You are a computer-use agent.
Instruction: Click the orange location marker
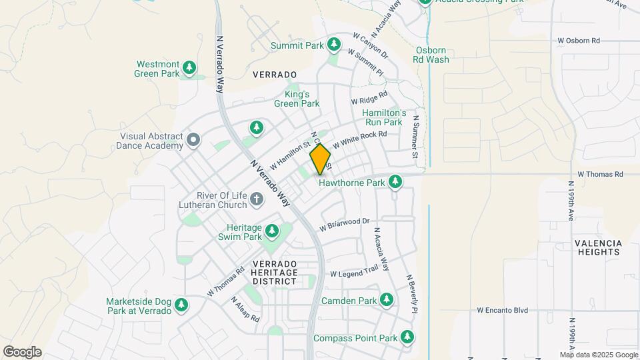[x=320, y=159]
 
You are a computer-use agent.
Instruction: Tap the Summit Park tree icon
[x=334, y=45]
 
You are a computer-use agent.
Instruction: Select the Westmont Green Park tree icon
[x=190, y=68]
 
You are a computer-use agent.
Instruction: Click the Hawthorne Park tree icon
[x=395, y=181]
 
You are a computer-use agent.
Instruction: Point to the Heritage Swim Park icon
[x=271, y=231]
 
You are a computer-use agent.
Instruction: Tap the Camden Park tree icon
[x=386, y=301]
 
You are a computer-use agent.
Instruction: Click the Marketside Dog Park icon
[x=181, y=305]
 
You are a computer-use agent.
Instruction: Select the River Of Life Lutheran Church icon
[x=256, y=199]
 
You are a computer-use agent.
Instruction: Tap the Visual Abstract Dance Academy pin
[x=193, y=140]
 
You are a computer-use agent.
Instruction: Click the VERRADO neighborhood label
[x=275, y=75]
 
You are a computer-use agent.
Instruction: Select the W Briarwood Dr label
[x=344, y=224]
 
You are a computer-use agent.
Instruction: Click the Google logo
[x=22, y=352]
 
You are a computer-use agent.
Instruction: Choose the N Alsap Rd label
[x=245, y=309]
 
